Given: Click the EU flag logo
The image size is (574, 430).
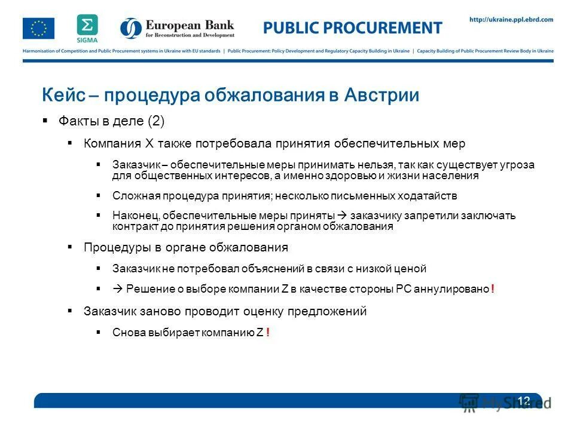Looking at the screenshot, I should coord(38,28).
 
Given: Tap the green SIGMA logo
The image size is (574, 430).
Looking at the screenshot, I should coord(87,27).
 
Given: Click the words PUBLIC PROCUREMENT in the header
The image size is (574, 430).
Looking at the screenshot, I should coord(353,27).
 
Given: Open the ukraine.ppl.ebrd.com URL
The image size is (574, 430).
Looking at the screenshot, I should coord(511,20).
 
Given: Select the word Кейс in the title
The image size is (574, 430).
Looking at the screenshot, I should coord(62,96).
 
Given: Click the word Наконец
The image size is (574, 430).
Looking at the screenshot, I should coord(135,215).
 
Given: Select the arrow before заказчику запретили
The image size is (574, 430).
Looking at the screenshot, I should coord(342,215).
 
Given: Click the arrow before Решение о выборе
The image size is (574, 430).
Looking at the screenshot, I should coord(117,289).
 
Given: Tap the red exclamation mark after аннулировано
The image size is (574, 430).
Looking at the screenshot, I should coord(492,289).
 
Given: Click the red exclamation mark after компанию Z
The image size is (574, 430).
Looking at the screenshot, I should coord(268,333).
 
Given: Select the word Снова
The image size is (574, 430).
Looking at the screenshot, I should coord(127,333).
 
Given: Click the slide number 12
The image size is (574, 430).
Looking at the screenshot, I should coord(524,400).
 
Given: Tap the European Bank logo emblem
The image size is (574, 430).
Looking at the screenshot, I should coord(131,28).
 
